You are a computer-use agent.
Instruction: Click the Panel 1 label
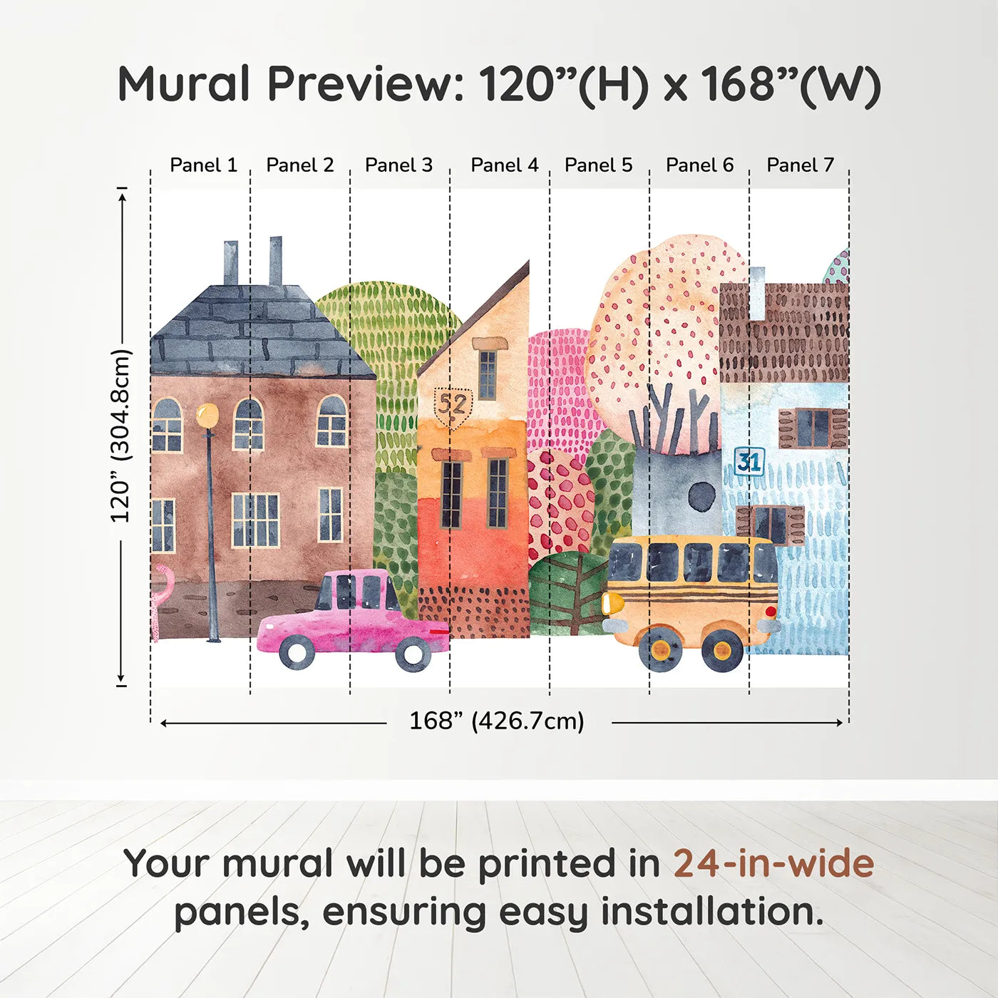tap(203, 165)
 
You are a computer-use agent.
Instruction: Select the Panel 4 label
tap(504, 165)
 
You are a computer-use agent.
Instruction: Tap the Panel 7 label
tap(800, 165)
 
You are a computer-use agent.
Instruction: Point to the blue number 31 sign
tap(749, 462)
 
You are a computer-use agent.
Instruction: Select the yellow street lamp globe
tap(207, 415)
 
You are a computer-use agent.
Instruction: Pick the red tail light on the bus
tap(770, 612)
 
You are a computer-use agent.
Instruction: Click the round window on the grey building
tap(702, 495)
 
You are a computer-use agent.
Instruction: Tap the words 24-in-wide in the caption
tap(773, 864)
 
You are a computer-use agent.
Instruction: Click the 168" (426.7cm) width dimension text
tap(496, 721)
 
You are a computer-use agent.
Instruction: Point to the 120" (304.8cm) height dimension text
tap(120, 436)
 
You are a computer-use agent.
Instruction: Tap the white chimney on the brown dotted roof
tap(757, 292)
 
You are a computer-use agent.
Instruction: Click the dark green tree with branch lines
tap(568, 592)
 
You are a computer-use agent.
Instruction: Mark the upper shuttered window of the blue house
tap(813, 428)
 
